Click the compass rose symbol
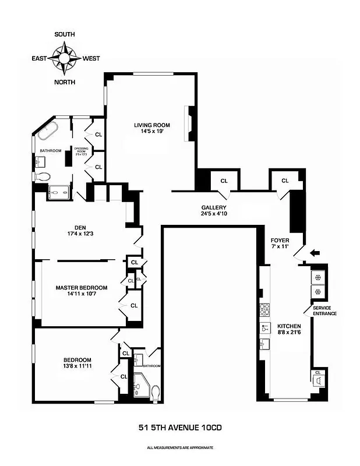click(65, 58)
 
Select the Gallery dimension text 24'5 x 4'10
click(214, 214)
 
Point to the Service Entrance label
click(324, 310)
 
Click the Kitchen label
click(289, 326)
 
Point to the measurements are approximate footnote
click(180, 447)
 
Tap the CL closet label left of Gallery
click(224, 181)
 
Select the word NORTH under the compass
click(65, 82)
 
